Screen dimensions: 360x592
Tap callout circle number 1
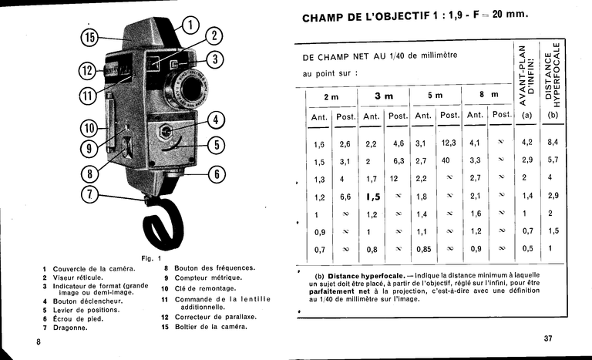(x=190, y=25)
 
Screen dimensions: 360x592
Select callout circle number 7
(x=91, y=194)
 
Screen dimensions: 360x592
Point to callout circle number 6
(x=217, y=174)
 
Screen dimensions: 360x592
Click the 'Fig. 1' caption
(x=151, y=257)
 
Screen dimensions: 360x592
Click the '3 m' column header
(x=383, y=96)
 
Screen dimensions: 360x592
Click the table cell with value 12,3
(x=449, y=143)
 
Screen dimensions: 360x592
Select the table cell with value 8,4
(x=553, y=143)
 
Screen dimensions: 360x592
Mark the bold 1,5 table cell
(x=374, y=197)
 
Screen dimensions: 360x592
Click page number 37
(x=548, y=338)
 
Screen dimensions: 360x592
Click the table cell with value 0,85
(x=423, y=249)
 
